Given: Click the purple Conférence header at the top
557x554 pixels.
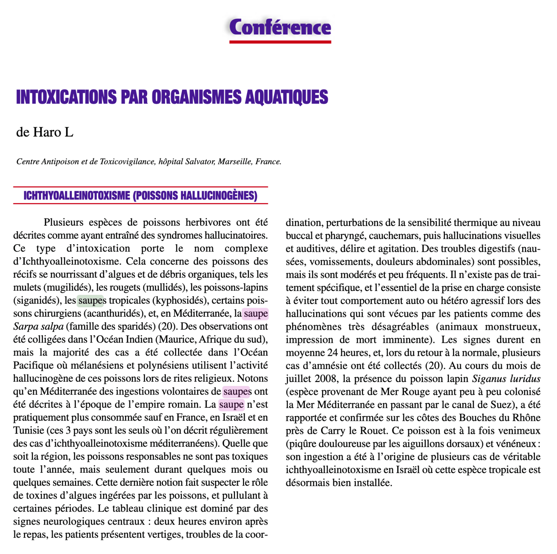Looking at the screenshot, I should tap(280, 27).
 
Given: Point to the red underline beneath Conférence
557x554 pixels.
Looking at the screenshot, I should tap(280, 42).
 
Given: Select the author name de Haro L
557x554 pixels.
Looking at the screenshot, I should tap(45, 132).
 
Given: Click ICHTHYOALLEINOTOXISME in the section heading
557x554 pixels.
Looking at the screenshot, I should tap(77, 196).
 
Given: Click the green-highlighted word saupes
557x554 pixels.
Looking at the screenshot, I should tap(91, 300).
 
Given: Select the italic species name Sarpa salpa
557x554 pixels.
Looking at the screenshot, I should tap(38, 327).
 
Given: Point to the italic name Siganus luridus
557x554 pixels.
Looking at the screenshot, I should tap(506, 379).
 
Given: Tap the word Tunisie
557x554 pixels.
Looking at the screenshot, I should tap(28, 431).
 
